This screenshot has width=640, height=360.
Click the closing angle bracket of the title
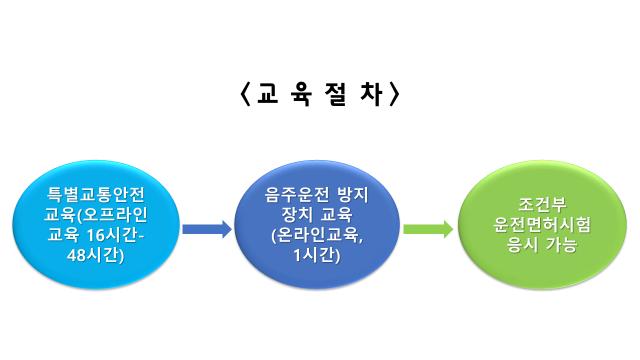pos(397,95)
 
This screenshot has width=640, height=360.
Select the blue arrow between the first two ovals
pos(206,229)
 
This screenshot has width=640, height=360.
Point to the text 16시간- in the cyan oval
pos(122,235)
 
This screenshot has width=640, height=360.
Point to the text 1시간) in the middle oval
pos(317,254)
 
